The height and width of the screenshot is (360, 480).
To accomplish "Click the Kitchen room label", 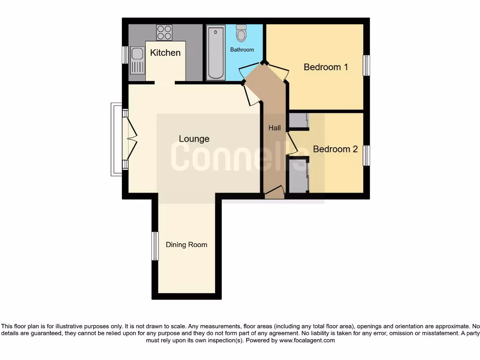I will (165, 52).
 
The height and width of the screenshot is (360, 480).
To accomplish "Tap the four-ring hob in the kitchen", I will (164, 32).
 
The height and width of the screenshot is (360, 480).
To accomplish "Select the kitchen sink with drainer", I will (137, 60).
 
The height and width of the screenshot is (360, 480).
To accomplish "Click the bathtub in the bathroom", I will (216, 52).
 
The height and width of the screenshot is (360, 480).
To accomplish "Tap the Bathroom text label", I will (242, 50).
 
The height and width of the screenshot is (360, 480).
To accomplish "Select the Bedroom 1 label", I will (326, 67).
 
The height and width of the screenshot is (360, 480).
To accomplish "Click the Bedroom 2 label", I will (335, 149).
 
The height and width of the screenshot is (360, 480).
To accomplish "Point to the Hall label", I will (274, 127).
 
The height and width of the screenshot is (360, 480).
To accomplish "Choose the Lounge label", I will (194, 139).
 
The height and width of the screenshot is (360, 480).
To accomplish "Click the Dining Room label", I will (187, 245).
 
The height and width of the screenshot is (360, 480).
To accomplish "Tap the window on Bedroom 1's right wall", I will (367, 66).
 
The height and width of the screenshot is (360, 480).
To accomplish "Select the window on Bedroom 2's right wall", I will (367, 156).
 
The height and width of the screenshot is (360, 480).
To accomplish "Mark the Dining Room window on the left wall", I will (155, 246).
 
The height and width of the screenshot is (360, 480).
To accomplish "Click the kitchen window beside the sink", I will (125, 55).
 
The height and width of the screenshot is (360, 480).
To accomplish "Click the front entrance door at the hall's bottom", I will (274, 193).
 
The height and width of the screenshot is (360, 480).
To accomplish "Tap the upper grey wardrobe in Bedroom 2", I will (298, 120).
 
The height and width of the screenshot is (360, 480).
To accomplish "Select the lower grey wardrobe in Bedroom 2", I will (298, 176).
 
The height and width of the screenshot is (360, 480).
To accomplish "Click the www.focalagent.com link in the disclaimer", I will (307, 340).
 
